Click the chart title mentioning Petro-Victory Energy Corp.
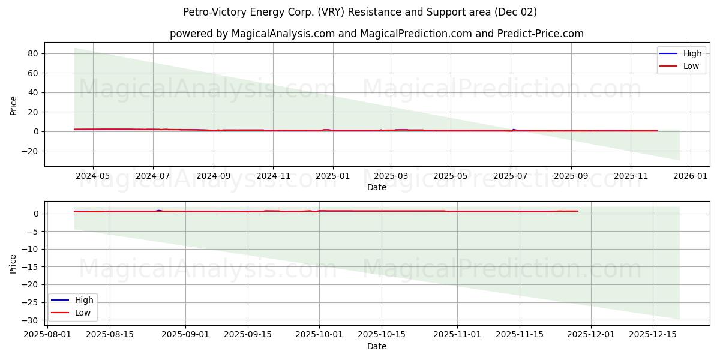click(x=360, y=12)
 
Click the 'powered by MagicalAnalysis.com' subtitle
click(x=376, y=34)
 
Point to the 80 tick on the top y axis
click(x=33, y=53)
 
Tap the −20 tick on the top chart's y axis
click(x=29, y=151)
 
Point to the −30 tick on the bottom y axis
click(x=29, y=320)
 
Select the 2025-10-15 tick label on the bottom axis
click(x=382, y=335)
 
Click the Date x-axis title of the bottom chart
click(x=376, y=346)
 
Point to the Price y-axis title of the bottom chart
click(x=14, y=263)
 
